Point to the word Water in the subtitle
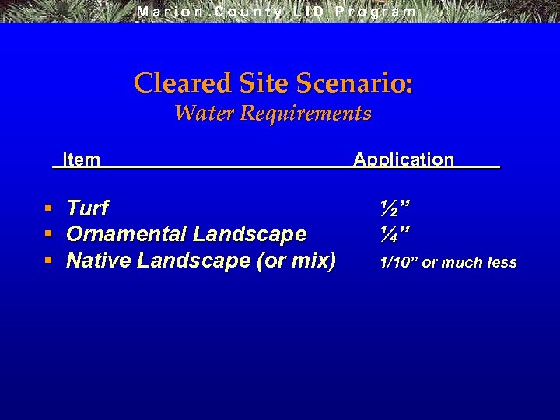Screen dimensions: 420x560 pyautogui.click(x=205, y=114)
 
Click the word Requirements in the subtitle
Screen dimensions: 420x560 pyautogui.click(x=306, y=114)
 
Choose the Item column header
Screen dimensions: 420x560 pyautogui.click(x=81, y=159)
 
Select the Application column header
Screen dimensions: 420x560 pyautogui.click(x=403, y=159)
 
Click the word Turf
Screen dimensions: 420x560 pyautogui.click(x=87, y=208)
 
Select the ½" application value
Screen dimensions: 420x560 pyautogui.click(x=395, y=208)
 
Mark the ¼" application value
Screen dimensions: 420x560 pyautogui.click(x=395, y=234)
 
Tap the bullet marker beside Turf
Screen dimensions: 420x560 pyautogui.click(x=48, y=208)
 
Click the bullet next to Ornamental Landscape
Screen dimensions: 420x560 pyautogui.click(x=48, y=234)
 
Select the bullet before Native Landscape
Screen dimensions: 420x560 pyautogui.click(x=48, y=260)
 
